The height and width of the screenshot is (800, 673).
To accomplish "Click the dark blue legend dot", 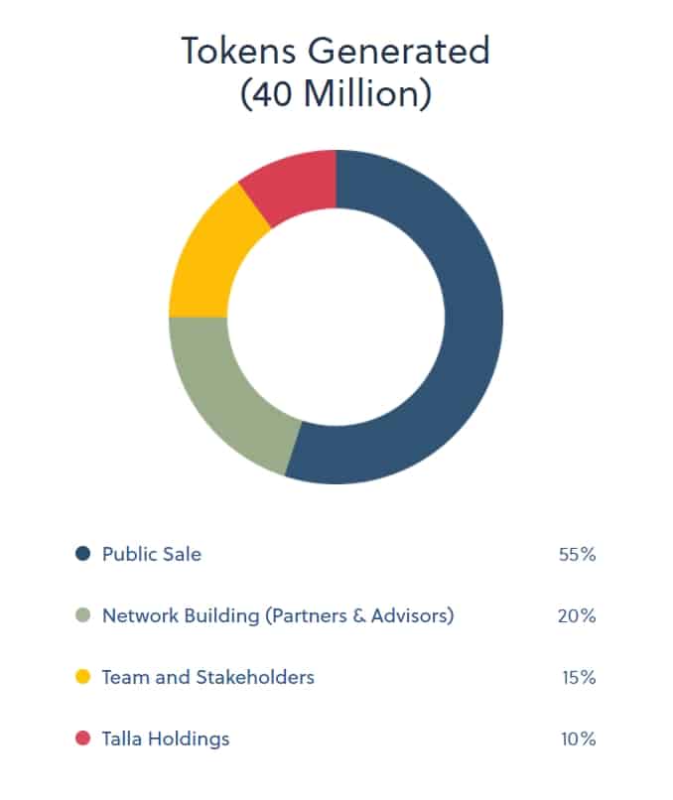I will click(x=83, y=554).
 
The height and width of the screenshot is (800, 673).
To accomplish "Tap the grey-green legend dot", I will click(x=83, y=615).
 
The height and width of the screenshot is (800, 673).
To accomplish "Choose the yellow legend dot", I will click(x=83, y=677).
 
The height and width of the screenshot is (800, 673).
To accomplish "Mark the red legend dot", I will click(x=83, y=738).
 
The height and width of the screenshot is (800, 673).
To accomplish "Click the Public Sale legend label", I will click(x=152, y=554).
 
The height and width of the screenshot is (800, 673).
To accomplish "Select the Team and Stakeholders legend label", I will click(x=208, y=677).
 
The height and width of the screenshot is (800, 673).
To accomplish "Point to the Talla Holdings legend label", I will click(x=166, y=738).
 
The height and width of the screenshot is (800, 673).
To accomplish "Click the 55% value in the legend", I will click(x=577, y=555).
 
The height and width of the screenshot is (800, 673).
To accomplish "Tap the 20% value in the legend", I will click(x=577, y=616).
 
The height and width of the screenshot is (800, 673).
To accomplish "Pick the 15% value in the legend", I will click(x=579, y=678).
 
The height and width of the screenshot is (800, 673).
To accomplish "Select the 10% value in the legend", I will click(x=579, y=739).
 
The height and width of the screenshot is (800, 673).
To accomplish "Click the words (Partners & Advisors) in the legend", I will click(x=359, y=615).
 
